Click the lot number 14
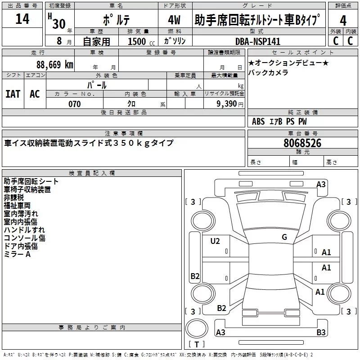[x=22, y=19]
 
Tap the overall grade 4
[x=343, y=21]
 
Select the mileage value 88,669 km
[x=54, y=64]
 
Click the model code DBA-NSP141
[x=258, y=41]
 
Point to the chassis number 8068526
[x=302, y=143]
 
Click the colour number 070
[x=75, y=104]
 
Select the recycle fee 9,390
[x=227, y=103]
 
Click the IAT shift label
[x=13, y=94]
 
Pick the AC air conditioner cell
[x=35, y=94]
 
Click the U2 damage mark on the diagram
[x=215, y=241]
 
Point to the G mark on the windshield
[x=284, y=237]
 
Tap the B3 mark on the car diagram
[x=321, y=332]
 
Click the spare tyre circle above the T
[x=197, y=328]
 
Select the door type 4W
[x=174, y=20]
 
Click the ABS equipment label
[x=258, y=121]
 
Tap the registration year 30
[x=59, y=24]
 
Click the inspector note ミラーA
[x=17, y=254]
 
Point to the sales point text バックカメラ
[x=268, y=72]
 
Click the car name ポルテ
[x=116, y=20]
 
